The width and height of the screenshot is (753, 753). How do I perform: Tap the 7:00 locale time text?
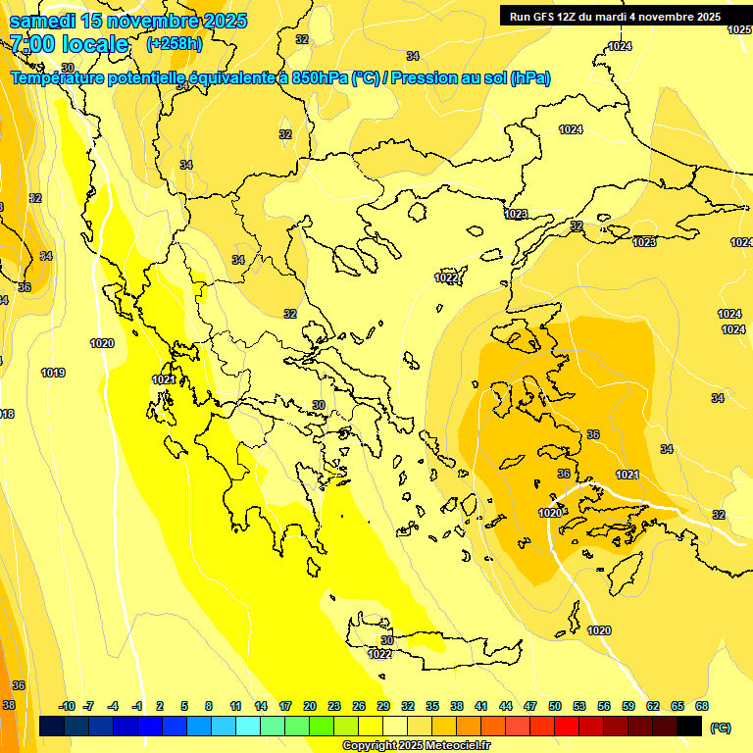click(69, 44)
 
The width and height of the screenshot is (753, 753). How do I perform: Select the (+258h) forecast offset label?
click(174, 44)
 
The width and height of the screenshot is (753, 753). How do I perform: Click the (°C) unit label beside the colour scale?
click(720, 727)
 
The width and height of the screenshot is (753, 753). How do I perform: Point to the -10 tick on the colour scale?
click(67, 706)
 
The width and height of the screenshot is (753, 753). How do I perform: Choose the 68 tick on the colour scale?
click(701, 706)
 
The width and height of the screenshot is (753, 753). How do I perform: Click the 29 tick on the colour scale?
click(382, 706)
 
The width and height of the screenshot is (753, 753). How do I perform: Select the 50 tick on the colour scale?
click(555, 706)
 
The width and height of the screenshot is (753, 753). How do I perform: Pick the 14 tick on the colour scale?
click(261, 706)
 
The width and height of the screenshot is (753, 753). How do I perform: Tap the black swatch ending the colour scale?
click(689, 726)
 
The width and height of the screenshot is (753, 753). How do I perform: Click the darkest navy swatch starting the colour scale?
click(52, 726)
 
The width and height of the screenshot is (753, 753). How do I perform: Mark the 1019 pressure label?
click(53, 373)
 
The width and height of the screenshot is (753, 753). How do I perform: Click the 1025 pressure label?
click(739, 30)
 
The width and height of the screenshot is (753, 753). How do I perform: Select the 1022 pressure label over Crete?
click(379, 654)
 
